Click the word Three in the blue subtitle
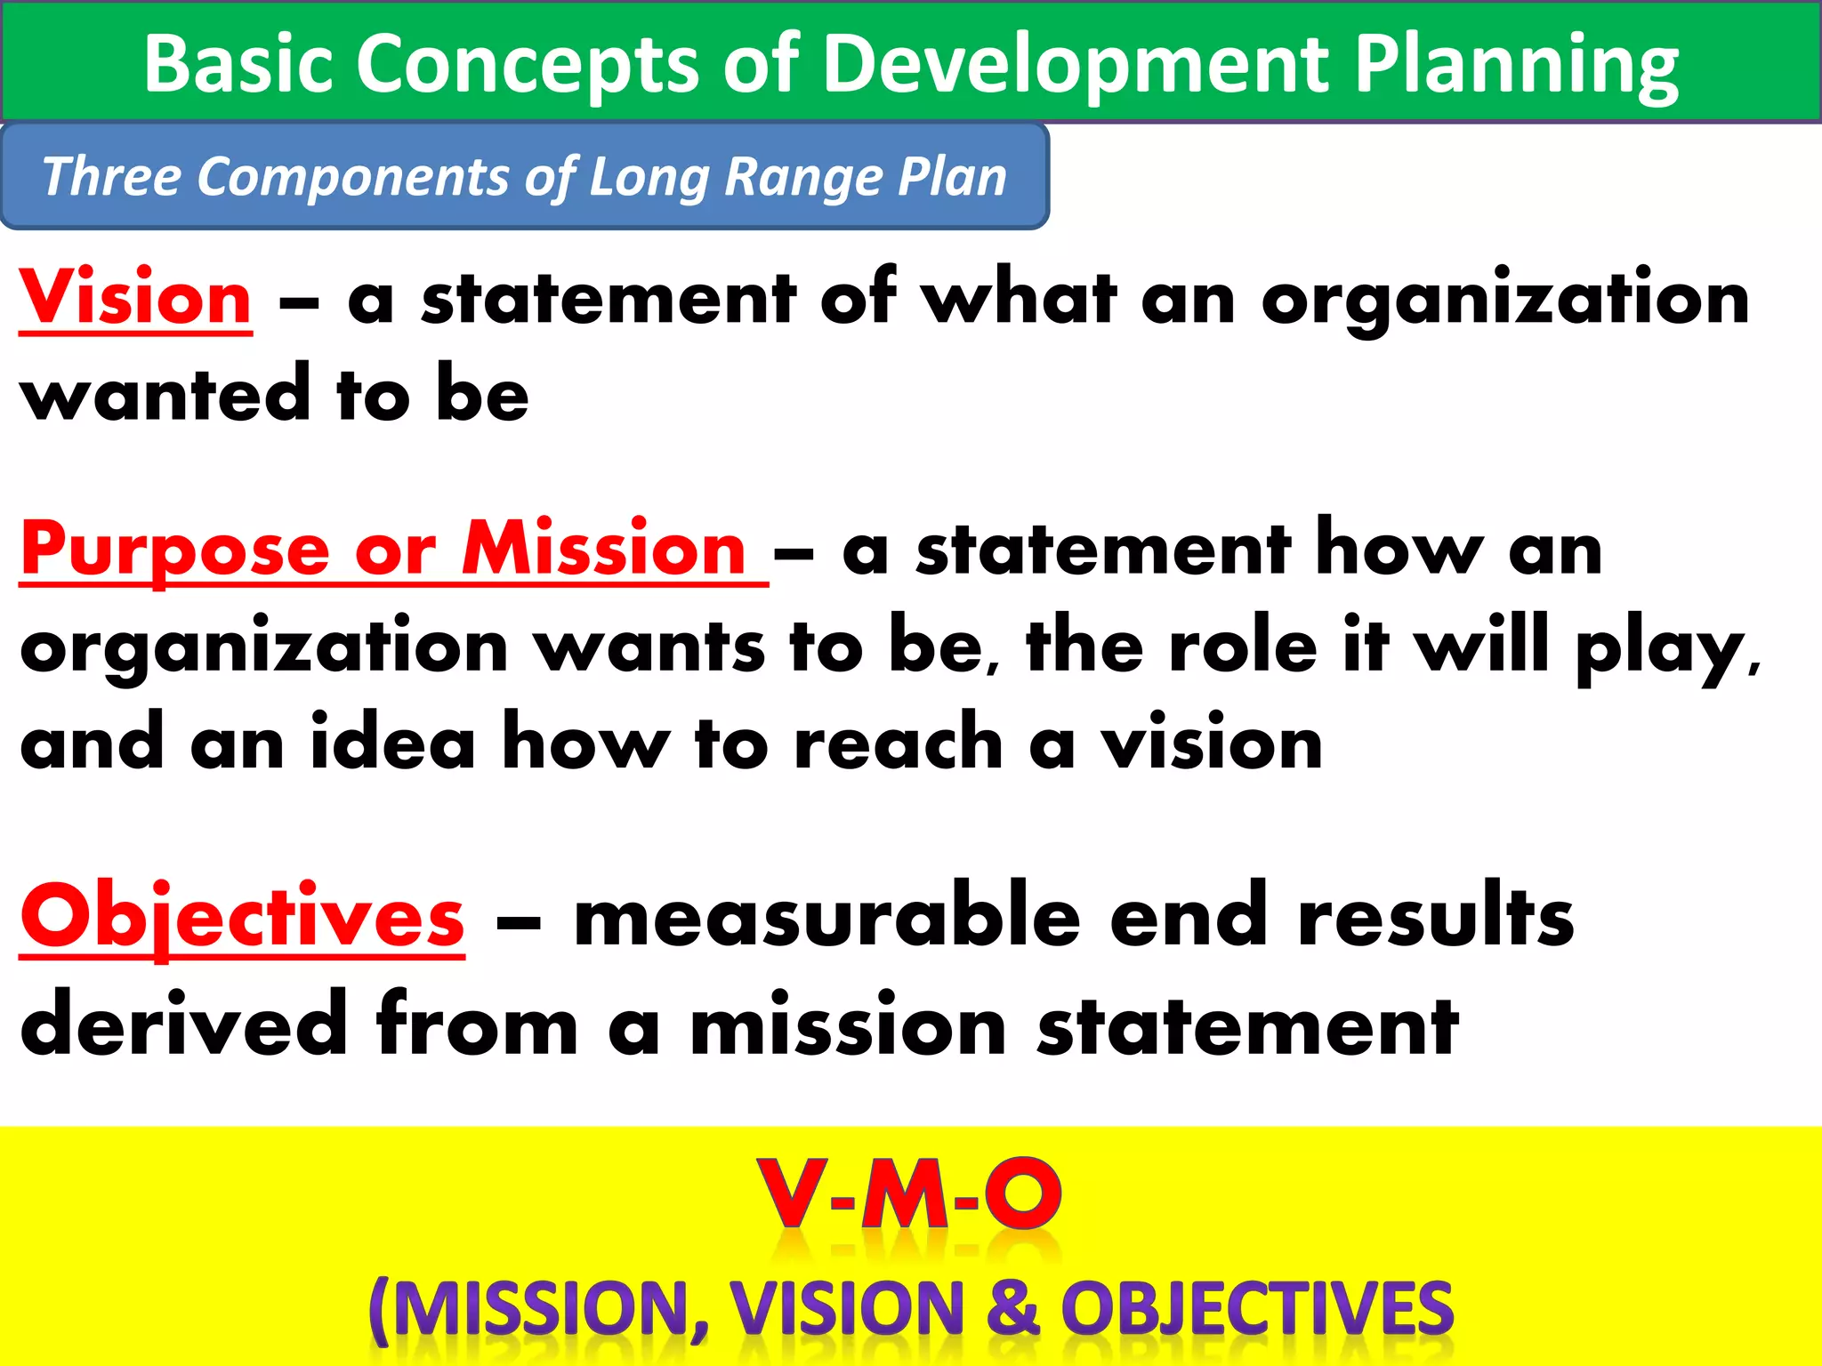pos(111,176)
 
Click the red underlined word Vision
pos(136,298)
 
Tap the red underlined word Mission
pos(604,550)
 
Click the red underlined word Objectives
pos(242,917)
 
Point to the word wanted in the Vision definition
pos(165,395)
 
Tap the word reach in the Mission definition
pos(899,743)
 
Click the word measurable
pos(827,917)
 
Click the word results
pos(1435,917)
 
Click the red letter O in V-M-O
pos(1023,1194)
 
